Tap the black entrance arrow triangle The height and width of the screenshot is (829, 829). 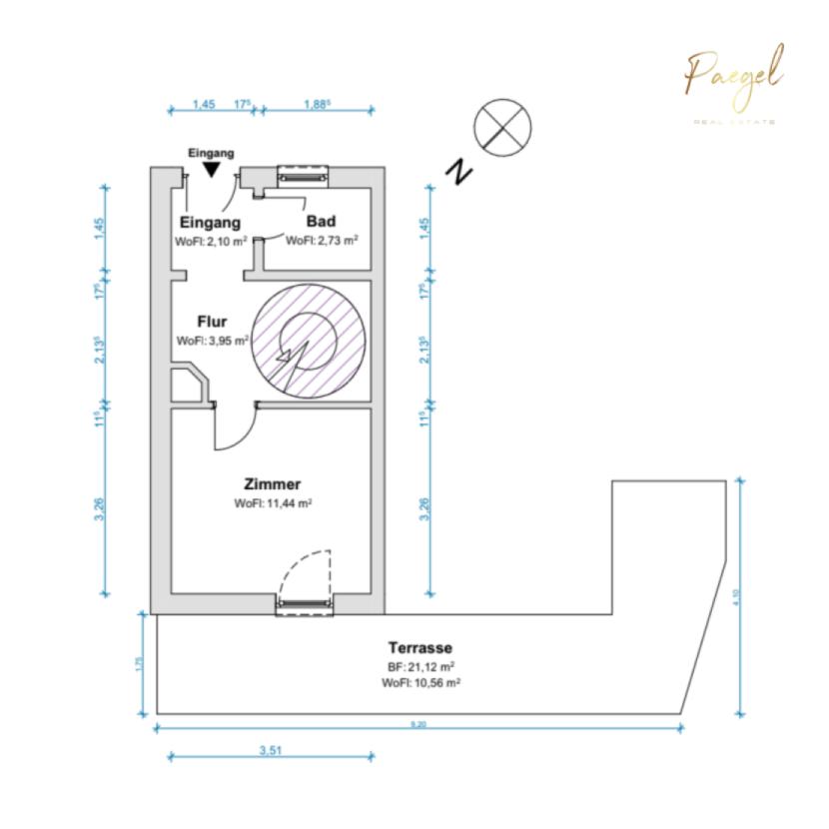point(211,171)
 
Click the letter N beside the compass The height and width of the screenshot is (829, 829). point(460,172)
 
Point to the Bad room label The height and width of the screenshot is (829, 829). point(321,222)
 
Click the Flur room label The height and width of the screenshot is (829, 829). point(211,322)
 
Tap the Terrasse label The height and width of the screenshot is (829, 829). point(419,646)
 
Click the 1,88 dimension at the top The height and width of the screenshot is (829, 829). point(316,103)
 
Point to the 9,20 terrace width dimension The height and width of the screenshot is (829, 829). point(417,726)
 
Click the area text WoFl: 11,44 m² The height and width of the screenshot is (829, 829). point(274,504)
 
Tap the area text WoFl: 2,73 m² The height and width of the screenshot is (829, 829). point(322,241)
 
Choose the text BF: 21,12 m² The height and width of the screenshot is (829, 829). point(420,665)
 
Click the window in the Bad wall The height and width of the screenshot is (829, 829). point(303,174)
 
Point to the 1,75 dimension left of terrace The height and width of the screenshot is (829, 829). point(139,663)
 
